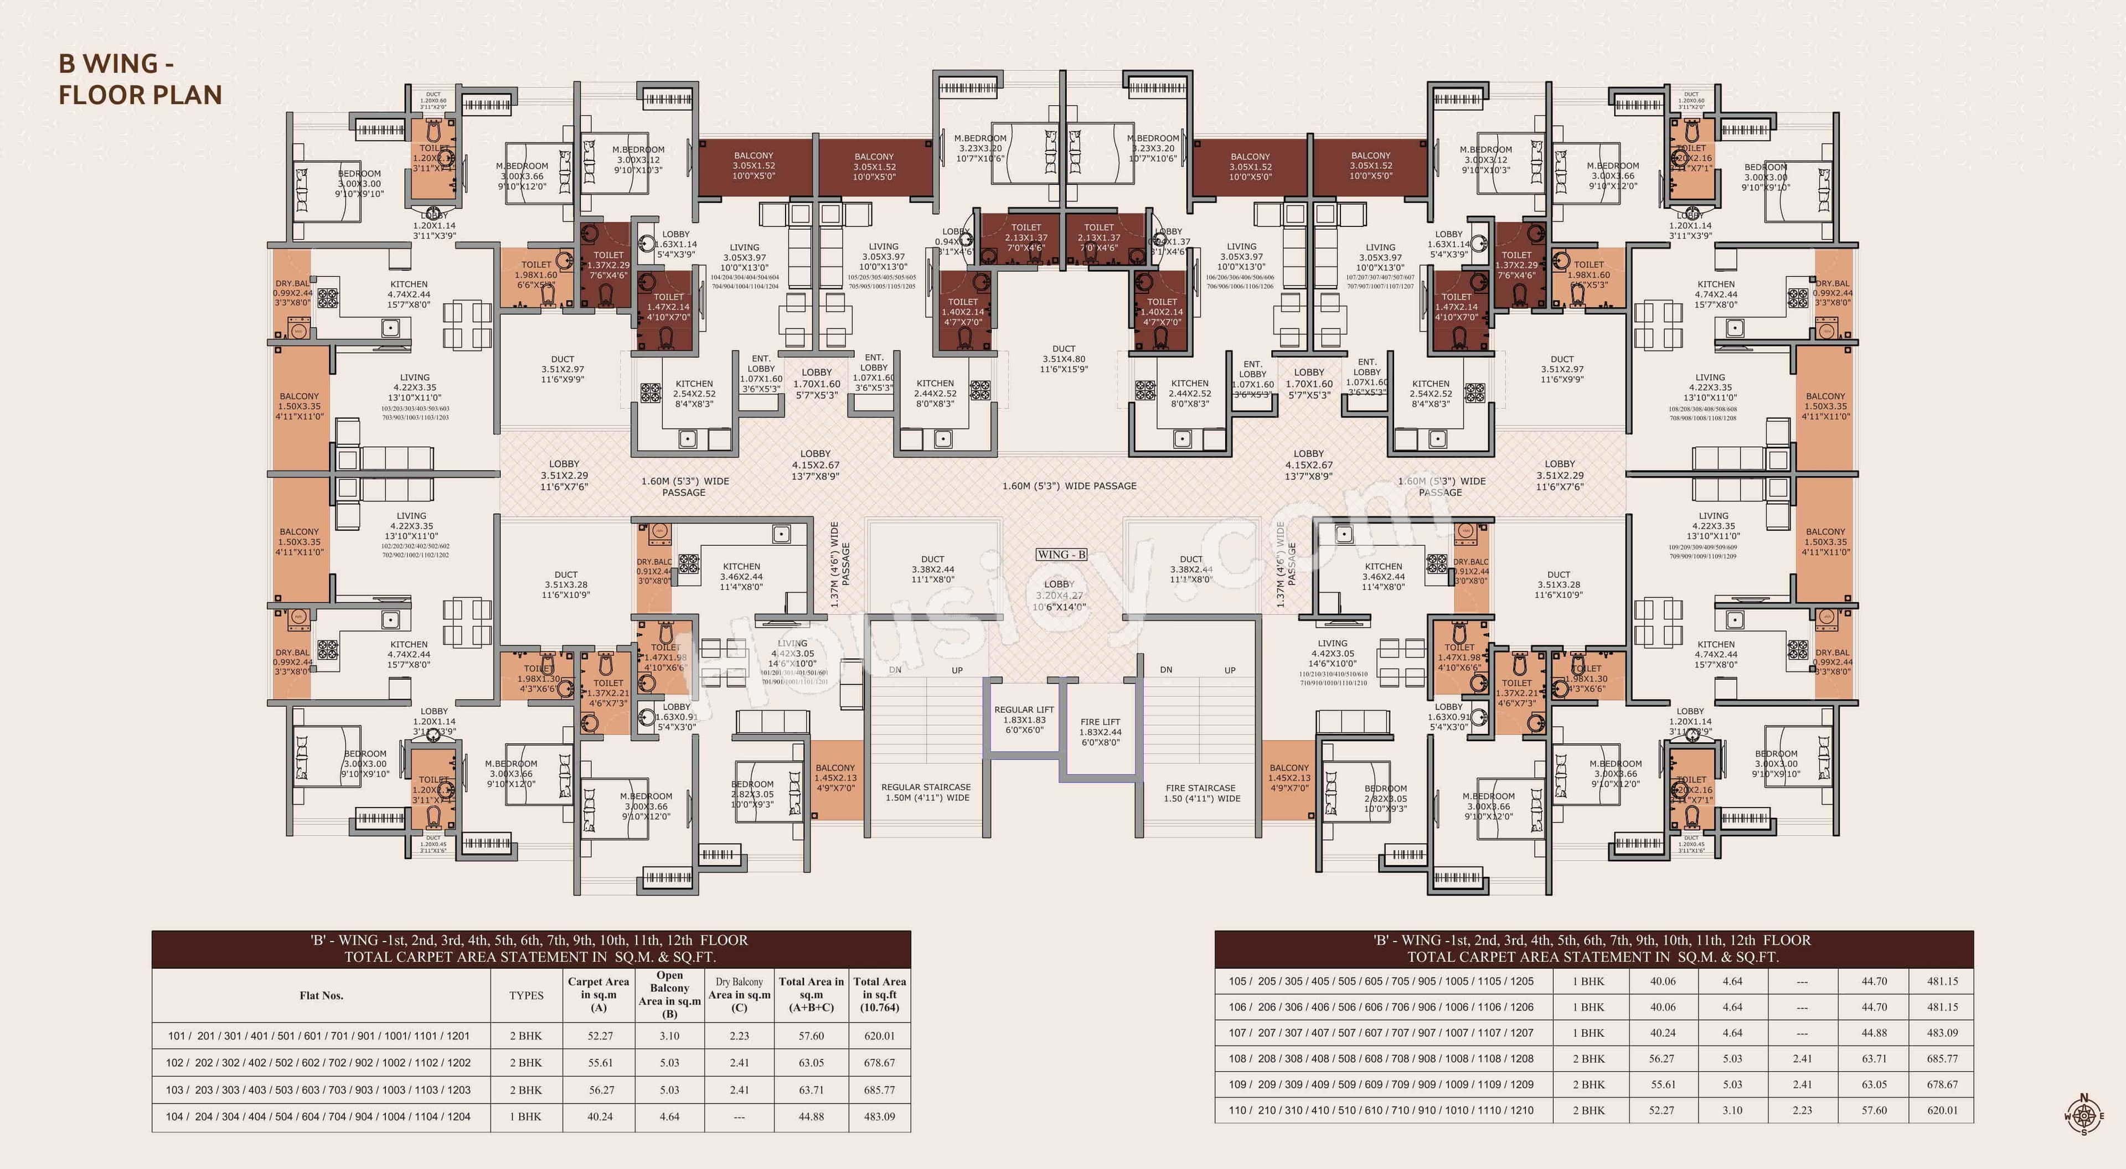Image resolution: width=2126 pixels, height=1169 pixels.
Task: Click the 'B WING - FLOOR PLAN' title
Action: click(x=140, y=79)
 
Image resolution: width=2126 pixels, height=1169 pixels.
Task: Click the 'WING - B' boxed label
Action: click(x=1061, y=555)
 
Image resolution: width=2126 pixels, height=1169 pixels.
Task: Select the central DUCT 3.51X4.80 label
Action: click(x=1064, y=359)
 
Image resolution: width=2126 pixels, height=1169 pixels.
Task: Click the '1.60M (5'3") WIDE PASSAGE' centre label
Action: click(x=1069, y=486)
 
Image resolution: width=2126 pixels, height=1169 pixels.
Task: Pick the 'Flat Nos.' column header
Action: click(x=321, y=995)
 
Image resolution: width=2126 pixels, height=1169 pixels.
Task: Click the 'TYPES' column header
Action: click(x=526, y=995)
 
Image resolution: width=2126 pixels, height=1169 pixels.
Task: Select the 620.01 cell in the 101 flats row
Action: click(x=879, y=1036)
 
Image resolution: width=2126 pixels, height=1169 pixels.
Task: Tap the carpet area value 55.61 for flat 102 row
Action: click(x=601, y=1063)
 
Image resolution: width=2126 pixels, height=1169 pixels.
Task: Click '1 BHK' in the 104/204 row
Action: click(x=526, y=1116)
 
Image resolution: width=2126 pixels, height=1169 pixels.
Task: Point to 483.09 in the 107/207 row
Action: click(x=1942, y=1032)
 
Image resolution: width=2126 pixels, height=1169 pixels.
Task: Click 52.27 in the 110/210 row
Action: click(x=1661, y=1110)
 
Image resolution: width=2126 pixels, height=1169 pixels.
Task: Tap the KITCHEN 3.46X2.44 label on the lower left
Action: click(x=741, y=577)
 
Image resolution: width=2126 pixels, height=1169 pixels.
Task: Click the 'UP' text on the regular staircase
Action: click(x=957, y=670)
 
